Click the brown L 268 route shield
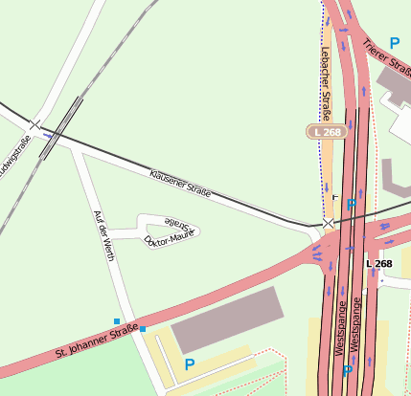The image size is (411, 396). pyautogui.click(x=325, y=131)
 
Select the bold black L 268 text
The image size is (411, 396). pyautogui.click(x=378, y=264)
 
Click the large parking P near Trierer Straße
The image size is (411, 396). pyautogui.click(x=394, y=43)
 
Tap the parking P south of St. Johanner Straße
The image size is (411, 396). pyautogui.click(x=189, y=364)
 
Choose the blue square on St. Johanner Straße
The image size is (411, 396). pyautogui.click(x=143, y=329)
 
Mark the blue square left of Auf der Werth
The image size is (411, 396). pyautogui.click(x=117, y=321)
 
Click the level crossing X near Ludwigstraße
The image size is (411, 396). pyautogui.click(x=34, y=124)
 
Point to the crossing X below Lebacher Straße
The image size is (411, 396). pyautogui.click(x=329, y=222)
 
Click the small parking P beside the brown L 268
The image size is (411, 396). pyautogui.click(x=351, y=204)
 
